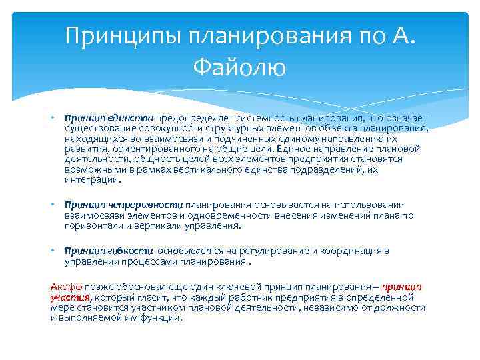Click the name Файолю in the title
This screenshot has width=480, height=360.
point(240,67)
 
